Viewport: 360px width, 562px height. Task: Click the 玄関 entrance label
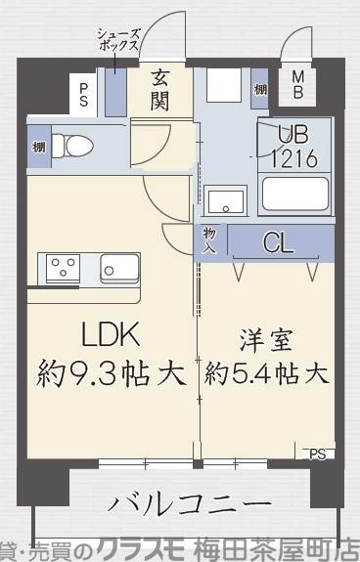[161, 88]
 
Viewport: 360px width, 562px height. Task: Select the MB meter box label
[298, 85]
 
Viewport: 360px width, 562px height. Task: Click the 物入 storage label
[209, 241]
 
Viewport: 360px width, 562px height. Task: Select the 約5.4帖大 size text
[266, 373]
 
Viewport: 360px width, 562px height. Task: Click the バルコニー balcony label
[188, 504]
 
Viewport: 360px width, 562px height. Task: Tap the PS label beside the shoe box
[84, 96]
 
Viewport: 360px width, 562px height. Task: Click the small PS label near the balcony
[317, 453]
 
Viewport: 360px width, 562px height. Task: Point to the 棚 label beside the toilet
[37, 147]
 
